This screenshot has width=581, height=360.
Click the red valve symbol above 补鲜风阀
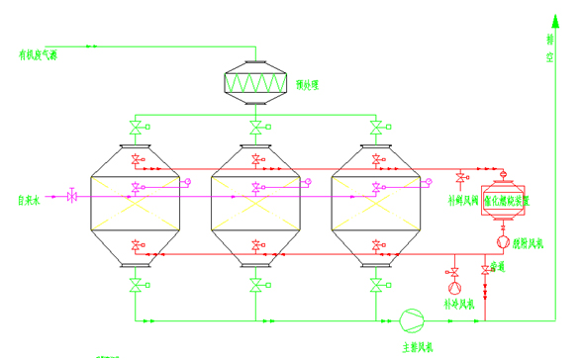coord(460,179)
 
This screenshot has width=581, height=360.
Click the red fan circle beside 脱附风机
coord(503,241)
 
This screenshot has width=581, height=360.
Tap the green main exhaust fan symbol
coord(410,319)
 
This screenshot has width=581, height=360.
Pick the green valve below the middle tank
coord(255,287)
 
